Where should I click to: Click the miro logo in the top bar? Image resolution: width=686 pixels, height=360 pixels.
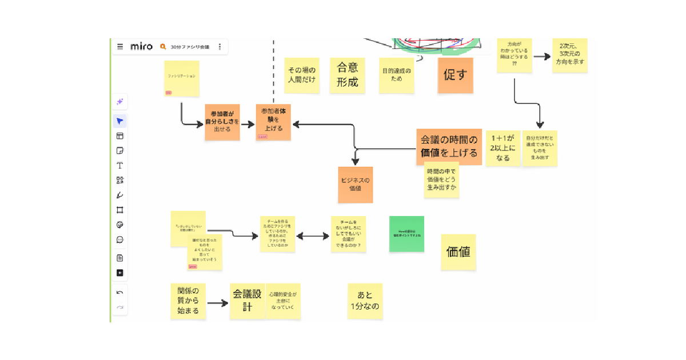coord(141,47)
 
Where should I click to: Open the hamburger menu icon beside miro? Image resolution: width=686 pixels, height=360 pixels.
coord(120,47)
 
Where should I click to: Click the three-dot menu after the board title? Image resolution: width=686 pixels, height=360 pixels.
coord(220,47)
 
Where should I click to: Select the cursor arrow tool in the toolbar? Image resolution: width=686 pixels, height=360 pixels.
coord(120,121)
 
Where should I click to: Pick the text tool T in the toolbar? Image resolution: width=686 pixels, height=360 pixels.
coord(120,166)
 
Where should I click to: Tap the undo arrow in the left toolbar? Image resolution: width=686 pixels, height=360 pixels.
coord(120,293)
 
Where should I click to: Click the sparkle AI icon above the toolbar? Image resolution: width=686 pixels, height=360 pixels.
coord(120,102)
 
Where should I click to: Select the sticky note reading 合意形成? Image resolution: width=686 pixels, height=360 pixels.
coord(347,75)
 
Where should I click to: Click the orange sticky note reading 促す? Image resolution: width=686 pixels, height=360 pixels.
coord(456,75)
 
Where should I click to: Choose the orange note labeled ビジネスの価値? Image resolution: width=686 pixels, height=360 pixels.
coord(355,185)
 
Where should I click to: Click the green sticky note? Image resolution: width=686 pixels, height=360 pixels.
coord(406,234)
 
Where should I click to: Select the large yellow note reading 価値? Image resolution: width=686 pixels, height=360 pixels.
coord(458,251)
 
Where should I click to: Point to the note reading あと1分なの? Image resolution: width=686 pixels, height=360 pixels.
coord(365,301)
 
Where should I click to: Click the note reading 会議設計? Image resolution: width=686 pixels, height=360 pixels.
coord(247,301)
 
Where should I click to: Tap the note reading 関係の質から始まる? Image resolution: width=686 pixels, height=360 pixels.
coord(188,301)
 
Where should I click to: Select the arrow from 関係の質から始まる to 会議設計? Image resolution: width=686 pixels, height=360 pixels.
coord(217,303)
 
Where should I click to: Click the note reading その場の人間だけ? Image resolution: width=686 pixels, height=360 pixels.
coord(301,75)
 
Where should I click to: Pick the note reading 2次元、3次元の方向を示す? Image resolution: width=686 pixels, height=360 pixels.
coord(569,56)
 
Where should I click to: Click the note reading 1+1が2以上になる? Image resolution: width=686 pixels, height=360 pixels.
coord(502,148)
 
